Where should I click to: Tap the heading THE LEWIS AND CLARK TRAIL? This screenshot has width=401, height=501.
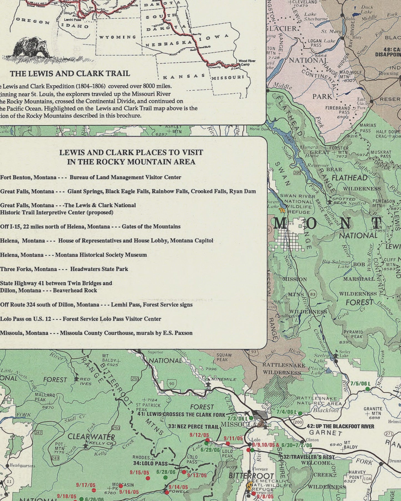(x=70, y=73)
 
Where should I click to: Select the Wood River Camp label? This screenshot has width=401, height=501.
(x=247, y=63)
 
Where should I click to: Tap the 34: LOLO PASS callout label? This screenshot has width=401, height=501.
(x=150, y=463)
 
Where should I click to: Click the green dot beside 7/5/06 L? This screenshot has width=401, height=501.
(x=368, y=389)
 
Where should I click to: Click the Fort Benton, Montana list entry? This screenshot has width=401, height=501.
(x=28, y=177)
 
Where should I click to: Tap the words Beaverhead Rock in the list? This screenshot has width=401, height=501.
(x=75, y=290)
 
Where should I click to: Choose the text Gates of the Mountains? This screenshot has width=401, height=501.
(x=151, y=227)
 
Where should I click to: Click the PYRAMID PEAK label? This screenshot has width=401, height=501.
(x=353, y=334)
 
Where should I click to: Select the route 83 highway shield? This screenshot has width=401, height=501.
(x=313, y=294)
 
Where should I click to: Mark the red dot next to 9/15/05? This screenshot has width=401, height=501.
(x=148, y=478)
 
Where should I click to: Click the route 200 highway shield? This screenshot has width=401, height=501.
(x=298, y=422)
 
